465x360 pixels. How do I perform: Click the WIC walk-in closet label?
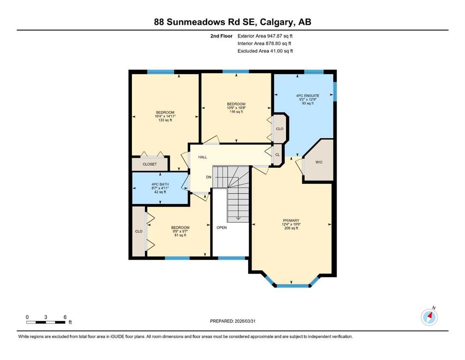(319, 162)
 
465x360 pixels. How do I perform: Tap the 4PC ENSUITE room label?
(304, 96)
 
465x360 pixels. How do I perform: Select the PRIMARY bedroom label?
(290, 220)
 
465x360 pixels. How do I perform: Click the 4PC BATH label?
(160, 184)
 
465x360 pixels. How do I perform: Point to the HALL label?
(202, 157)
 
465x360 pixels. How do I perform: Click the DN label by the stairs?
(209, 177)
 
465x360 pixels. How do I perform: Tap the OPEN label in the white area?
(221, 228)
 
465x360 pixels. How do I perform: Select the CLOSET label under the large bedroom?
(149, 165)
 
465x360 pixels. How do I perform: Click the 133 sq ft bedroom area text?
(165, 120)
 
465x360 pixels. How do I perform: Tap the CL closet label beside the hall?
(277, 155)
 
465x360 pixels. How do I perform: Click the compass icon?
(429, 317)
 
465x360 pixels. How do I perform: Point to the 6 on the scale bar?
(65, 317)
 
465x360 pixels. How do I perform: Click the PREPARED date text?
(232, 321)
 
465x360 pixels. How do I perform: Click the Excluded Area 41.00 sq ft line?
(265, 51)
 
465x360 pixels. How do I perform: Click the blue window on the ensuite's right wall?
(335, 91)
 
